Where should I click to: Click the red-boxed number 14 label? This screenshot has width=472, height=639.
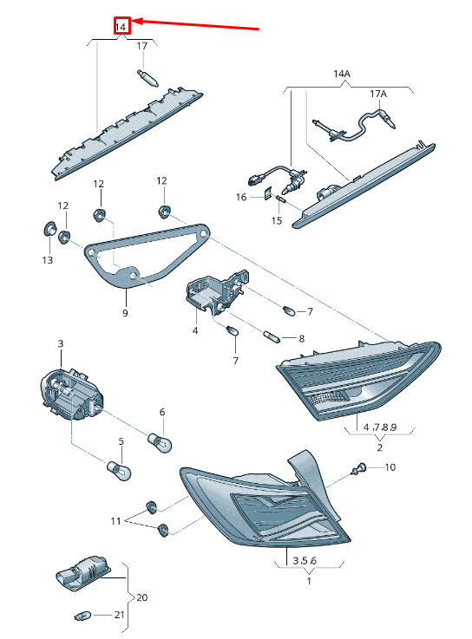pyautogui.click(x=121, y=27)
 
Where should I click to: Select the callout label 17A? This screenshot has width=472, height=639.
pyautogui.click(x=378, y=94)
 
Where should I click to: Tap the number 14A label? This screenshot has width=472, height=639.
pyautogui.click(x=342, y=74)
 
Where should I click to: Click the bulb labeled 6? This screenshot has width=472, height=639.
pyautogui.click(x=159, y=442)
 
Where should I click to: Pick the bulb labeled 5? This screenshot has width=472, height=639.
pyautogui.click(x=119, y=470)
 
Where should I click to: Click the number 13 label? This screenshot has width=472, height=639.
pyautogui.click(x=48, y=259)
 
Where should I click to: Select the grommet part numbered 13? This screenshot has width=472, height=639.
pyautogui.click(x=49, y=229)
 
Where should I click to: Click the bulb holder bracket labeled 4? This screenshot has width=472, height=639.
pyautogui.click(x=215, y=290)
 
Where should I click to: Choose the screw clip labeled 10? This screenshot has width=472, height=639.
pyautogui.click(x=358, y=469)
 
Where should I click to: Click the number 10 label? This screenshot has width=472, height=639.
pyautogui.click(x=390, y=467)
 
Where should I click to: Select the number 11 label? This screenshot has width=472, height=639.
pyautogui.click(x=115, y=521)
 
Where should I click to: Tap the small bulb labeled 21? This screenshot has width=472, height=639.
pyautogui.click(x=83, y=615)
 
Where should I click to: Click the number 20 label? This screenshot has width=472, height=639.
pyautogui.click(x=141, y=597)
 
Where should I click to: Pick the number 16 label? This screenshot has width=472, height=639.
pyautogui.click(x=241, y=197)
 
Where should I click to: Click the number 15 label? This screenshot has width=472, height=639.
pyautogui.click(x=277, y=220)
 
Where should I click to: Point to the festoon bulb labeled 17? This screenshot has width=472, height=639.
pyautogui.click(x=147, y=78)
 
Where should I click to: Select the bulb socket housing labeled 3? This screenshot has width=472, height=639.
pyautogui.click(x=72, y=395)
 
